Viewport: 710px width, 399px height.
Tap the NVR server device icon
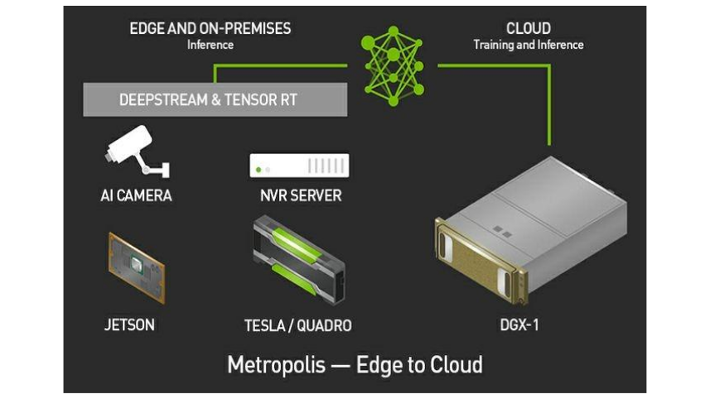point(299,166)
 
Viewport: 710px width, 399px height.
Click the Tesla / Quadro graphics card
point(297,257)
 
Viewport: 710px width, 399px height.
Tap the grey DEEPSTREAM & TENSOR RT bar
point(215,100)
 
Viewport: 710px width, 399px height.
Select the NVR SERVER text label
point(300,196)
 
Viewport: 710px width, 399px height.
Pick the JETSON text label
point(131,325)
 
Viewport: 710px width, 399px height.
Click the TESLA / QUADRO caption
point(297,325)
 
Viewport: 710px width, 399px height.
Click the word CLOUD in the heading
point(529,29)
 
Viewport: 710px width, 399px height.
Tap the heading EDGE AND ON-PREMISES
point(210,29)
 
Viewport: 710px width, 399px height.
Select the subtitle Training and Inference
point(529,45)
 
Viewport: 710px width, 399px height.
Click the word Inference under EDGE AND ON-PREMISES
point(210,45)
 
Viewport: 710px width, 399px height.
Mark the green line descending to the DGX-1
point(548,108)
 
